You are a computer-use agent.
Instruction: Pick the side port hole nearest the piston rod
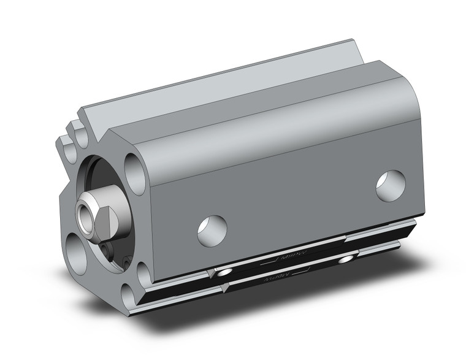212,231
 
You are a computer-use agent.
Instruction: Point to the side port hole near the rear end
391,186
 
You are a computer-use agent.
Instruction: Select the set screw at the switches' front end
224,272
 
